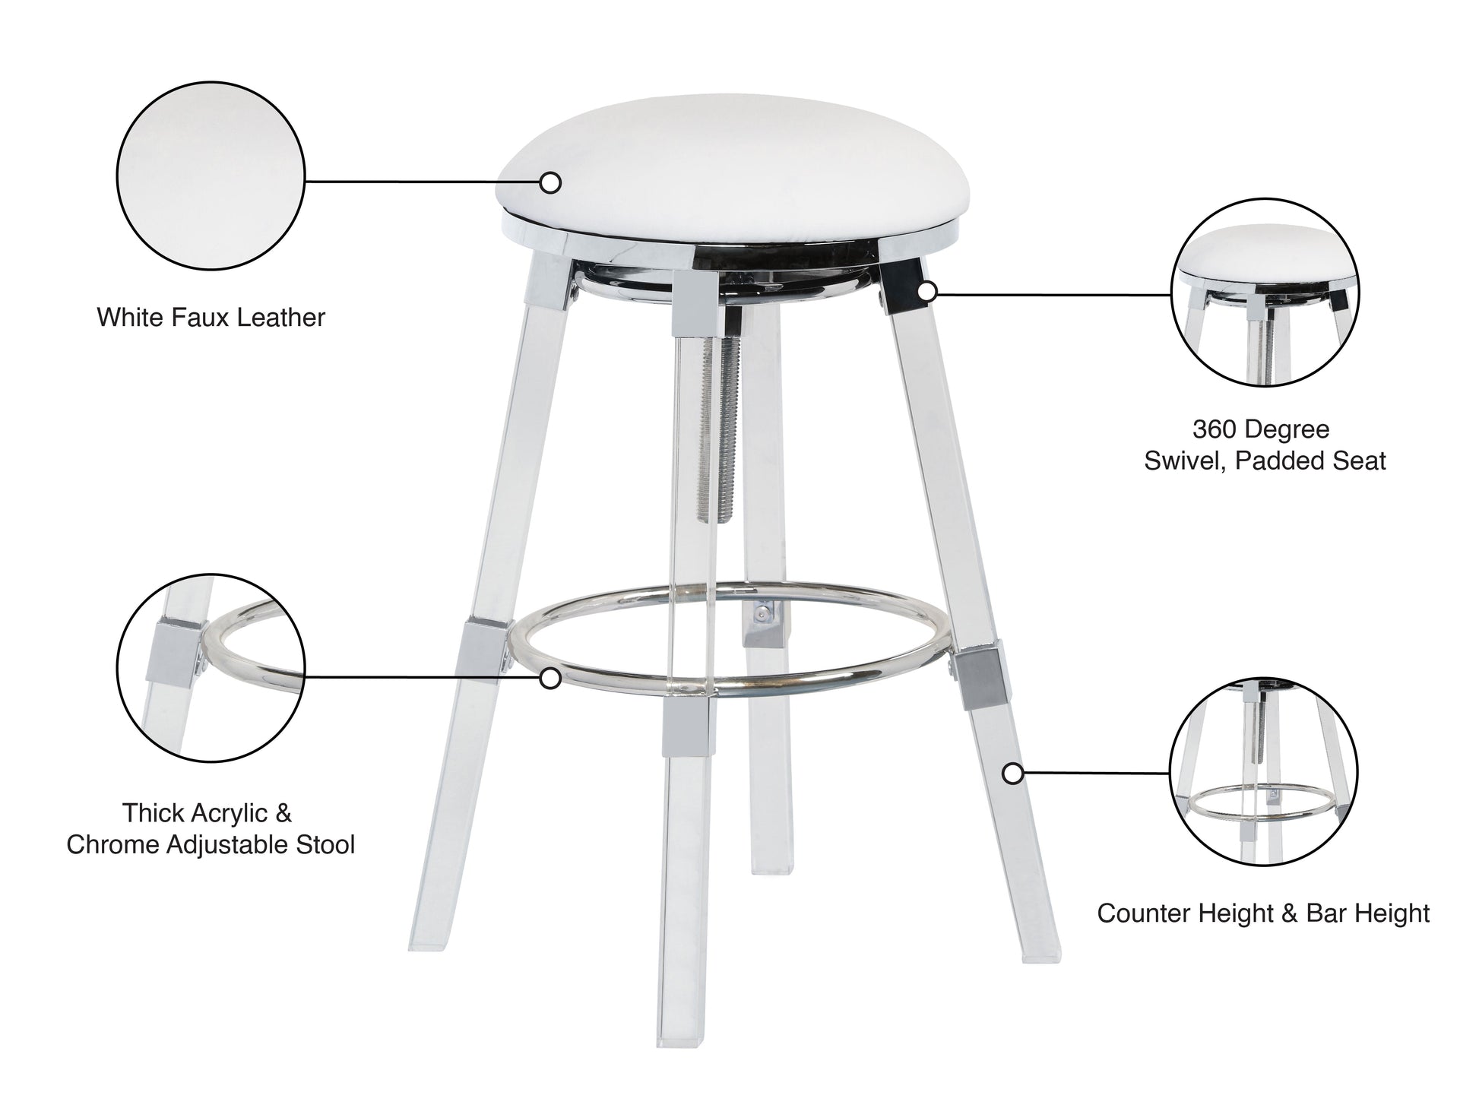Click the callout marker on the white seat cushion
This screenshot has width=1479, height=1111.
point(550,182)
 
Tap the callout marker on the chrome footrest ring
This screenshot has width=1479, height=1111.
point(550,677)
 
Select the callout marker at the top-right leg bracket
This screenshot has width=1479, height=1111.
point(926,290)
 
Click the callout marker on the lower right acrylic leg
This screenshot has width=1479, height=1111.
point(1012,774)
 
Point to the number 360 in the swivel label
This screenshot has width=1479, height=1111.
point(1213,429)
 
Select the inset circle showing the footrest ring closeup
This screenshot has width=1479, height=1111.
point(211,667)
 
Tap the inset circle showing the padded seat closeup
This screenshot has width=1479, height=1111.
point(1265,292)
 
